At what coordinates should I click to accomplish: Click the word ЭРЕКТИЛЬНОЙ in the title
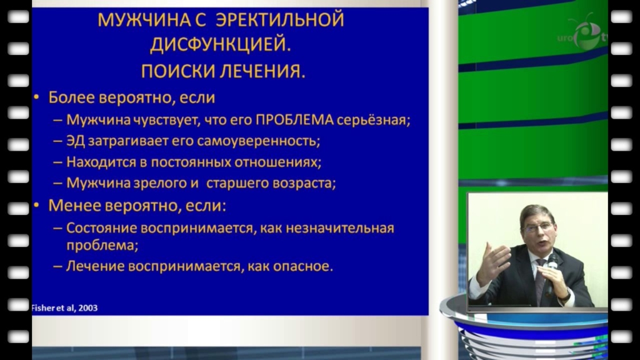tap(280, 20)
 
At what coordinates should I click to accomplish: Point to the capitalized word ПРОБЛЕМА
tap(294, 120)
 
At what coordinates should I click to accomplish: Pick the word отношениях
tap(277, 162)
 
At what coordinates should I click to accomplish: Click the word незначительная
tap(340, 227)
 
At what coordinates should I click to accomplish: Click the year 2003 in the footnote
tap(87, 307)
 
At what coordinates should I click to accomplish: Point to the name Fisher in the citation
tap(43, 307)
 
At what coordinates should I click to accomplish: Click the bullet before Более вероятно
tap(36, 97)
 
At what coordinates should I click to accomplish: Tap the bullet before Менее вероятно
tap(36, 205)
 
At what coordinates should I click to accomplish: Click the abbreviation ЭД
tap(76, 141)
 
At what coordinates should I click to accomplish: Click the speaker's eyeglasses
tap(537, 227)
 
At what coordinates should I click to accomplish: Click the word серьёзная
tap(371, 120)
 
